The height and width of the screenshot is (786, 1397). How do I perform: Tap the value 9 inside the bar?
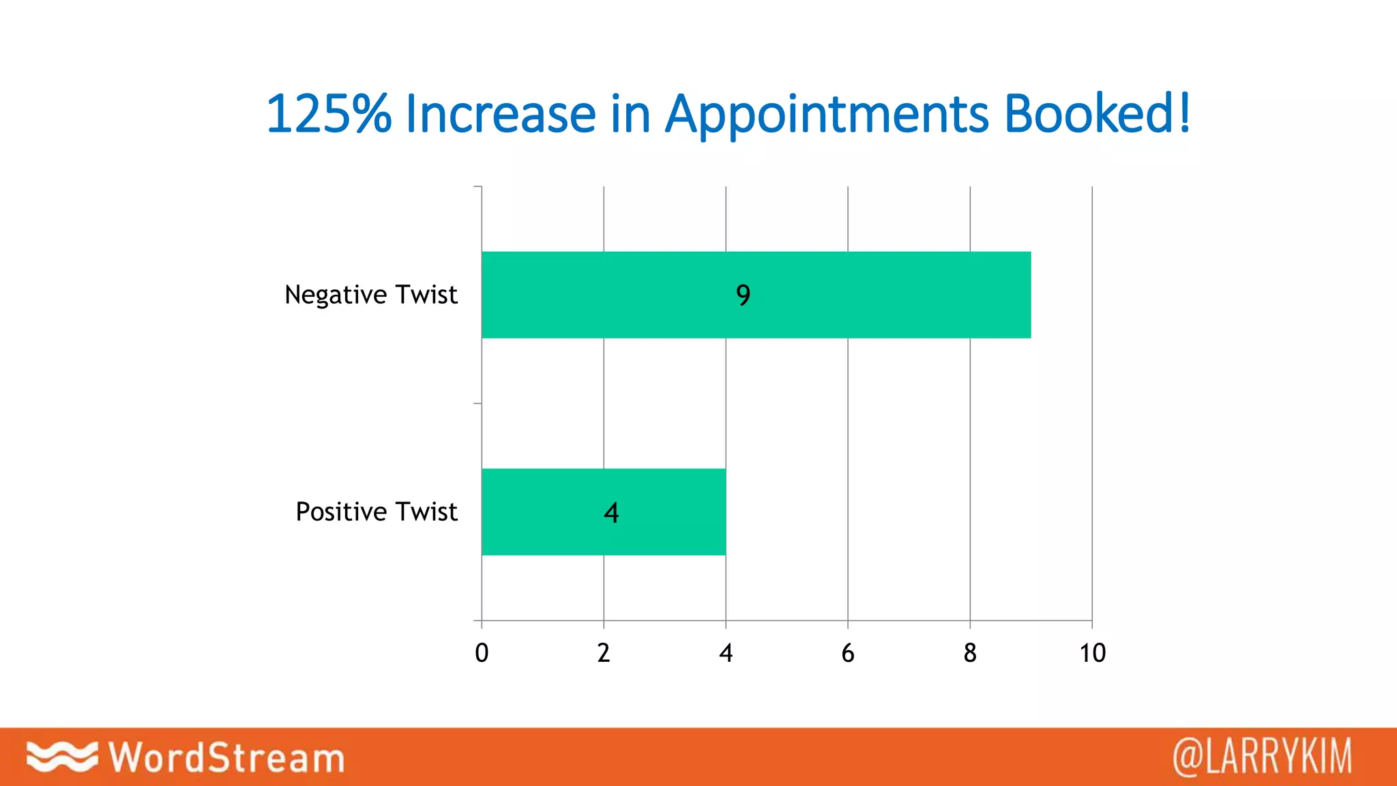(743, 295)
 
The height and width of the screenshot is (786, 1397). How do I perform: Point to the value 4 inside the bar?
(611, 512)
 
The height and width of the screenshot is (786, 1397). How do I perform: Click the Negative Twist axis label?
(370, 295)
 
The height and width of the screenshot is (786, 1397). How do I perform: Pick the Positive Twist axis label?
(376, 512)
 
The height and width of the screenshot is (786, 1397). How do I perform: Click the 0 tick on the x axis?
(482, 653)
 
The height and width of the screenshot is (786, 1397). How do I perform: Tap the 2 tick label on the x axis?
(604, 653)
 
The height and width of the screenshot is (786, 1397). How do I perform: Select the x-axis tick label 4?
(726, 653)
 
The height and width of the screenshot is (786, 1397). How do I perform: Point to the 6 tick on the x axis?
(848, 653)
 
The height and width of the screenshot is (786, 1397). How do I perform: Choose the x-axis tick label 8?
(970, 653)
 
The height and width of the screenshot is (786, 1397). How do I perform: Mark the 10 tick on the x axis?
(1092, 653)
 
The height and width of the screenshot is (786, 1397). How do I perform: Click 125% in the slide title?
(328, 113)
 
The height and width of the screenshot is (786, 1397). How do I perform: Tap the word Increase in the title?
(501, 113)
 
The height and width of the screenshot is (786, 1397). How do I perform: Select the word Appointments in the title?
(827, 115)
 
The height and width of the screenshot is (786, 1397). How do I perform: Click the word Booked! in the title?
(1098, 113)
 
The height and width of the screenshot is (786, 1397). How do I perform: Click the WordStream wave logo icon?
(61, 757)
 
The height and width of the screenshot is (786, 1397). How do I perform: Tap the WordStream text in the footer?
(227, 757)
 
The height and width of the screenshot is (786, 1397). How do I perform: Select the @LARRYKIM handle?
(1262, 757)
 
